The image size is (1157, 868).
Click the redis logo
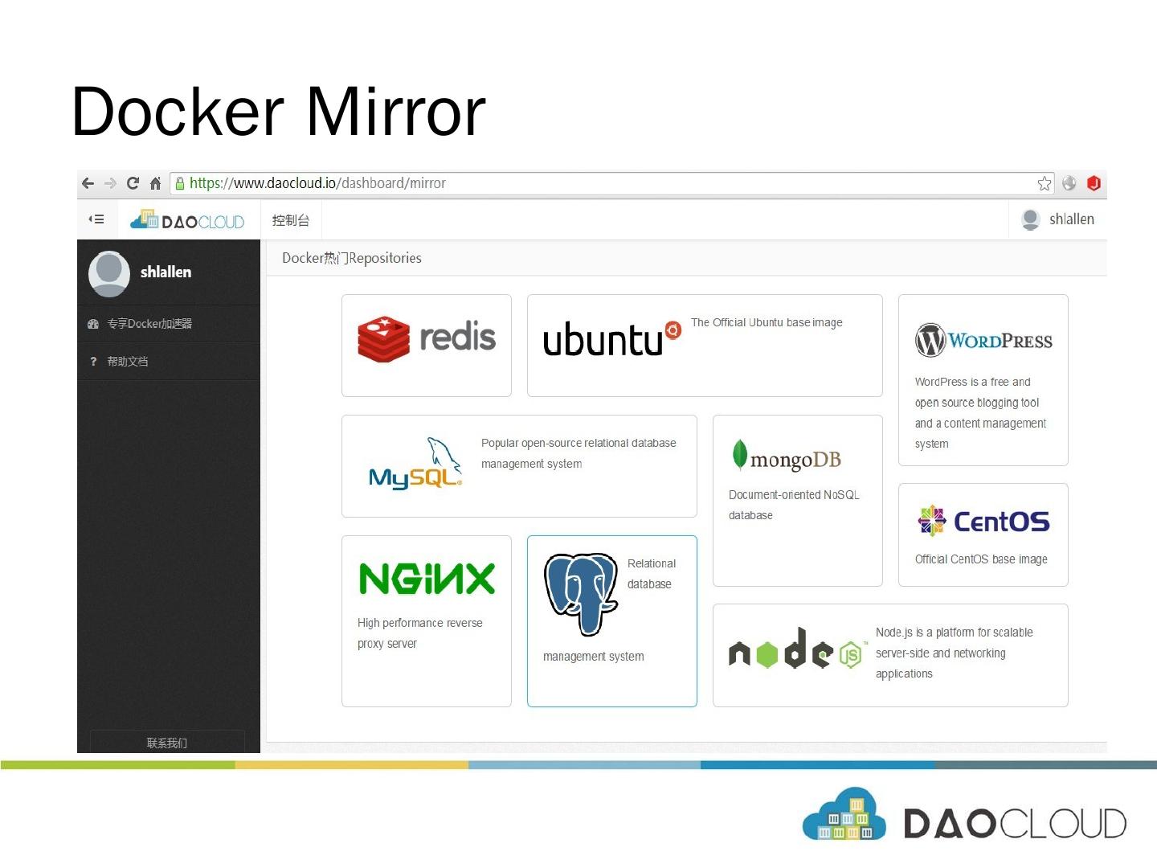tap(427, 338)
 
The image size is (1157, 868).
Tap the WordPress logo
tap(983, 341)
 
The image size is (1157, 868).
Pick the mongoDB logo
tap(787, 457)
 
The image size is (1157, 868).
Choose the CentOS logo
tap(983, 522)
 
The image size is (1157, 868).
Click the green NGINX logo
tap(427, 579)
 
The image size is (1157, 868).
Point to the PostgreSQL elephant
tap(580, 593)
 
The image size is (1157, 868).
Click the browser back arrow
tap(88, 183)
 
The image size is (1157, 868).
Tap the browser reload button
tap(133, 183)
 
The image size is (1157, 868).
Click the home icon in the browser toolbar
tap(155, 183)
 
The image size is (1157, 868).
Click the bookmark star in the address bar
tap(1044, 183)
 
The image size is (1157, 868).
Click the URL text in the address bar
tap(317, 183)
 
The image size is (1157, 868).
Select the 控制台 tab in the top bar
tap(291, 220)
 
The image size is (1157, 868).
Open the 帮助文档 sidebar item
tap(128, 362)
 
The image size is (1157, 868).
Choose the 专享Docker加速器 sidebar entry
tap(149, 324)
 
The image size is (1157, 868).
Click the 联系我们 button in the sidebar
tap(167, 743)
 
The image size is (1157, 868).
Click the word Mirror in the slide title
tap(395, 113)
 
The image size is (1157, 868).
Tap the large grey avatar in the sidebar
tap(109, 272)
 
